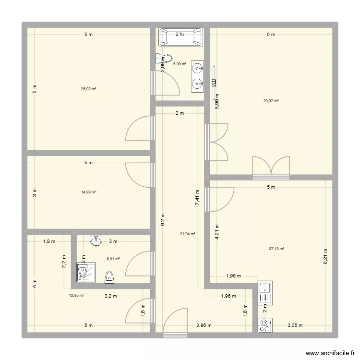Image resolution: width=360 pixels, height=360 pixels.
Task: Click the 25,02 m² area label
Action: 89,89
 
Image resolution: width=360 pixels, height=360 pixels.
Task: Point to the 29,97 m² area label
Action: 271,101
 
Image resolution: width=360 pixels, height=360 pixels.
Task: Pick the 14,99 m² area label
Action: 89,192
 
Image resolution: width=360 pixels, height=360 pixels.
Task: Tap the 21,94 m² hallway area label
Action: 188,234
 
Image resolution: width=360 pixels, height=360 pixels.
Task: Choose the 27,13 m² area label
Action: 276,249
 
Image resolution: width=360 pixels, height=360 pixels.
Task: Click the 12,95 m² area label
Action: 77,296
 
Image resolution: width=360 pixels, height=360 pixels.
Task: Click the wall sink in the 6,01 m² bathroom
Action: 96,240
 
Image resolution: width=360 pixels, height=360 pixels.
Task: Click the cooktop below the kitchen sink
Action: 264,325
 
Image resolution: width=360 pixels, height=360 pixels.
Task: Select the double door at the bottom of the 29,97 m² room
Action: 271,167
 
